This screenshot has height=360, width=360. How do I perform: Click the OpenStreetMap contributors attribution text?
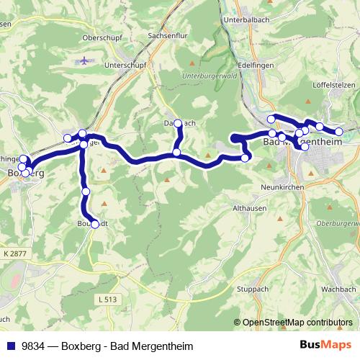(297, 322)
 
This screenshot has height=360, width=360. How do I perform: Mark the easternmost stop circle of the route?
(339, 131)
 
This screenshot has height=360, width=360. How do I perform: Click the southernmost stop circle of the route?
(94, 224)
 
